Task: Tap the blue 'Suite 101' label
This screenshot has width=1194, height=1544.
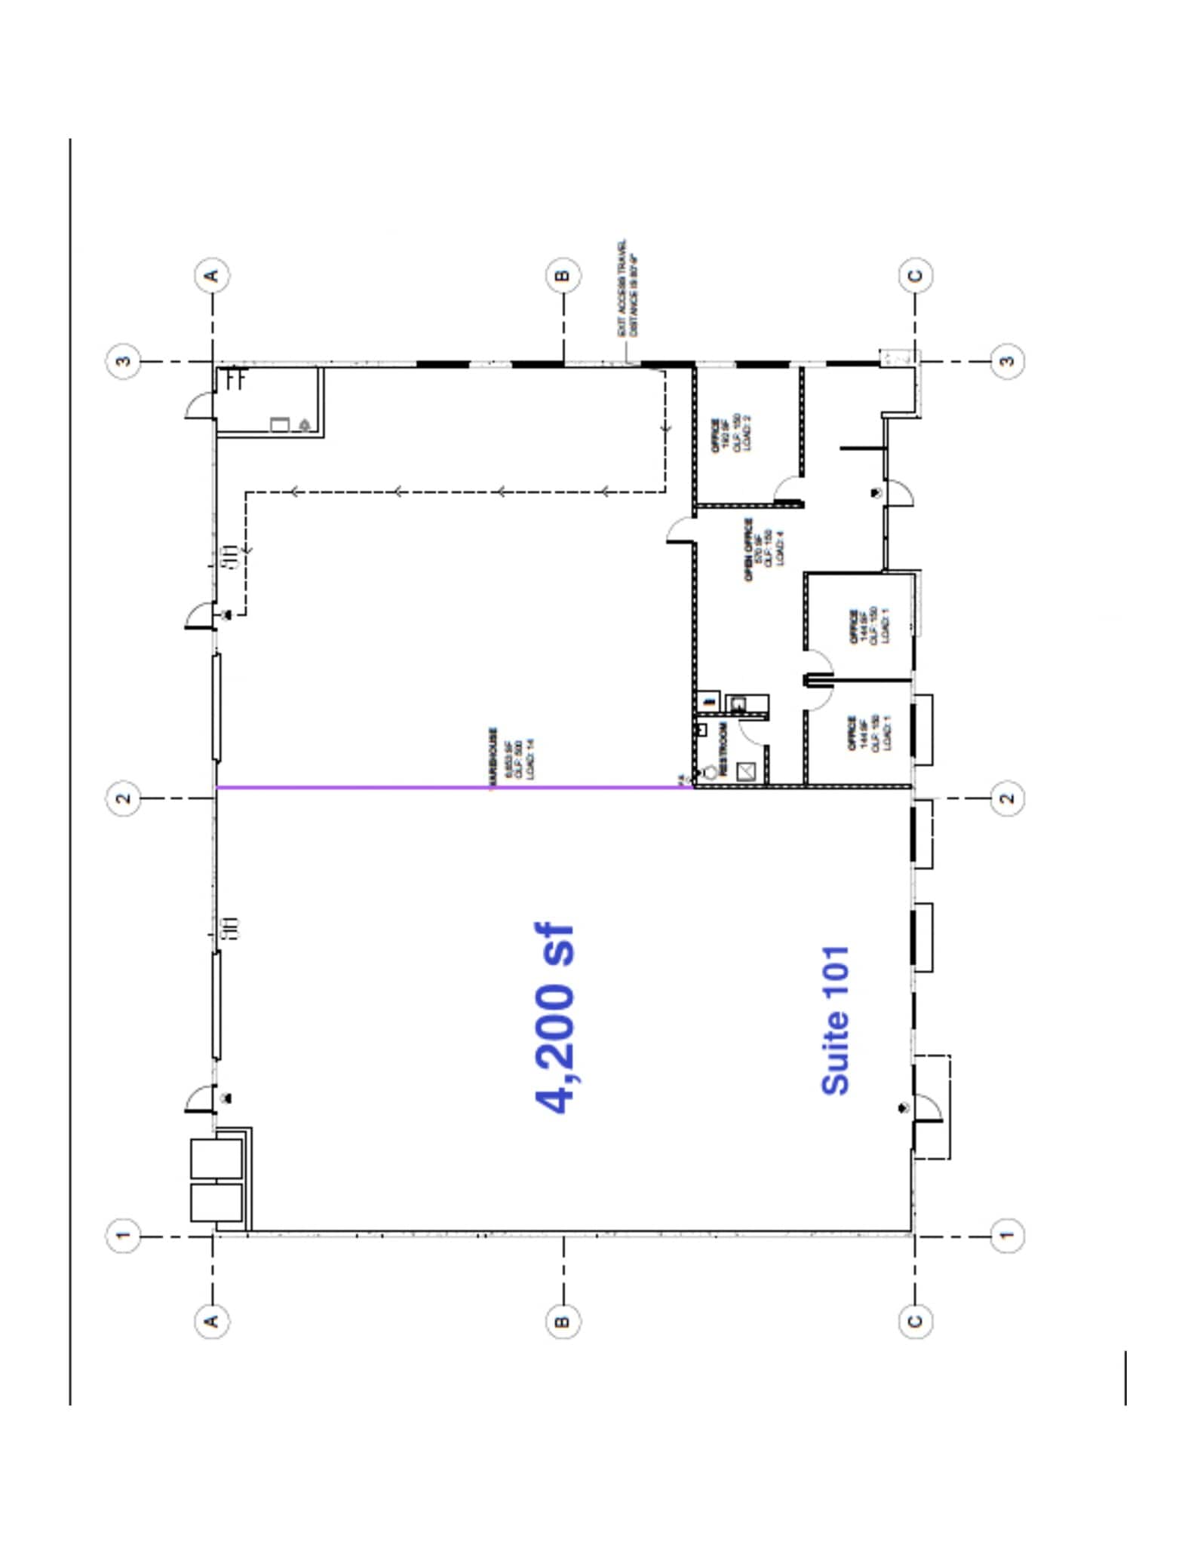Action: pyautogui.click(x=835, y=1020)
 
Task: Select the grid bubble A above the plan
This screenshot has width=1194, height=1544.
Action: pyautogui.click(x=212, y=275)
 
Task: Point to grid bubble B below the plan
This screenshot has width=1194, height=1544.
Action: pyautogui.click(x=563, y=1321)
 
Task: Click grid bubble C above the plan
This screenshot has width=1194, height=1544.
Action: pyautogui.click(x=915, y=275)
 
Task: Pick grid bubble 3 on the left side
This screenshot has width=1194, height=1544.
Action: pyautogui.click(x=124, y=361)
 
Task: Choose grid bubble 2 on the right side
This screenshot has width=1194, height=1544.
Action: pyautogui.click(x=1007, y=798)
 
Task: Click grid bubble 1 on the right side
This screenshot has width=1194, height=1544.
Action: pyautogui.click(x=1007, y=1235)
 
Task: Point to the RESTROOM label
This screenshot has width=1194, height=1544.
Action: pyautogui.click(x=723, y=749)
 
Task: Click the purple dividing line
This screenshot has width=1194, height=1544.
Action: pyautogui.click(x=453, y=787)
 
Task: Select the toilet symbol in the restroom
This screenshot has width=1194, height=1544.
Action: pyautogui.click(x=709, y=772)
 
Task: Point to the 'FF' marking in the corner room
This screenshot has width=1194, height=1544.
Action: pyautogui.click(x=235, y=378)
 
